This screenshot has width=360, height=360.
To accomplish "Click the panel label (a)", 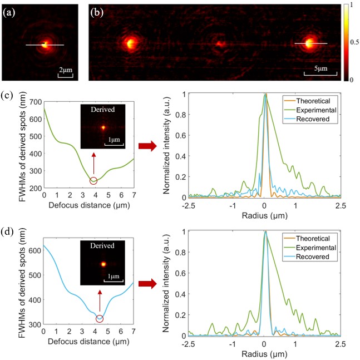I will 10,9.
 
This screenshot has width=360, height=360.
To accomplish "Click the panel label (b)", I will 97,9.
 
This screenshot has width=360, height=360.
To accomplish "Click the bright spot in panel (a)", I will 44,45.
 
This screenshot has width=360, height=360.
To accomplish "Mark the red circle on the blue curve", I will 100,319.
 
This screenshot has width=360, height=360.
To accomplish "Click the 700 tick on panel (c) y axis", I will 34,102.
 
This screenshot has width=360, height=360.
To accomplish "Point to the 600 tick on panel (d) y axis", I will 34,250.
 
